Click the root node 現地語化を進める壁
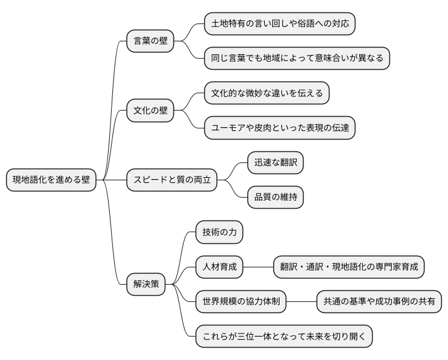click(x=51, y=180)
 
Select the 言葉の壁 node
click(x=151, y=41)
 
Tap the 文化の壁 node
click(x=151, y=111)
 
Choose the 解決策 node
click(x=146, y=284)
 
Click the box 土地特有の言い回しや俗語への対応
click(x=280, y=24)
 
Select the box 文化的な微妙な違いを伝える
click(x=267, y=93)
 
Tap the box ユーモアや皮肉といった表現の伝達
click(x=280, y=128)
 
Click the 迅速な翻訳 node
click(x=275, y=163)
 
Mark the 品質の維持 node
click(x=275, y=198)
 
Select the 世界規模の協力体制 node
click(x=241, y=301)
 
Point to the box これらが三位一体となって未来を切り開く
click(x=284, y=337)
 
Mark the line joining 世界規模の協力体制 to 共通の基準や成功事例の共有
click(x=302, y=301)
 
